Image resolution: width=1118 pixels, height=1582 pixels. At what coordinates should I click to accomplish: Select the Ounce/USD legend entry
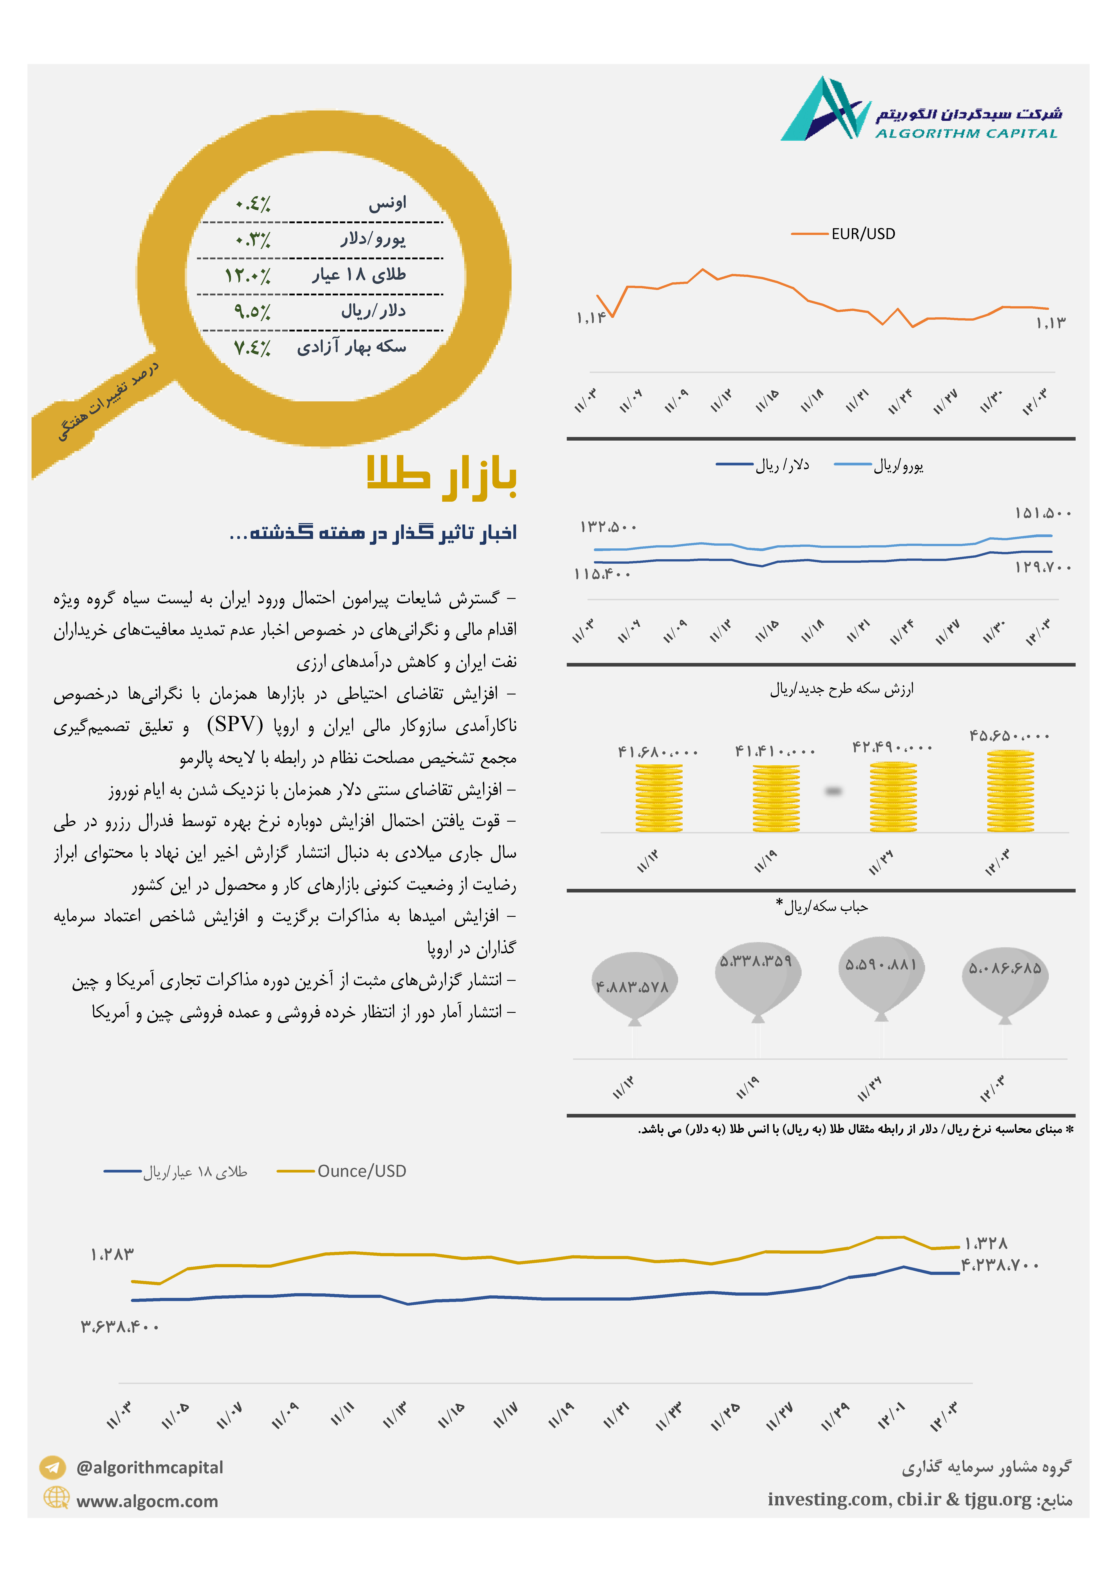pos(342,1171)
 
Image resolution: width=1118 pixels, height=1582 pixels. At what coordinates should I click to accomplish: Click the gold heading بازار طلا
pos(441,476)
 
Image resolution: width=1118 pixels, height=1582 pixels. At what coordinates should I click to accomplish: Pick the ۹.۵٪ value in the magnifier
pos(252,311)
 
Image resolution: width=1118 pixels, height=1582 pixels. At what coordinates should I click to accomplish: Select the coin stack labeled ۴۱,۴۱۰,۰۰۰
pos(776,798)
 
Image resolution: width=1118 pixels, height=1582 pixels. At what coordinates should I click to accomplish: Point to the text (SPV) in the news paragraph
pos(235,724)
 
